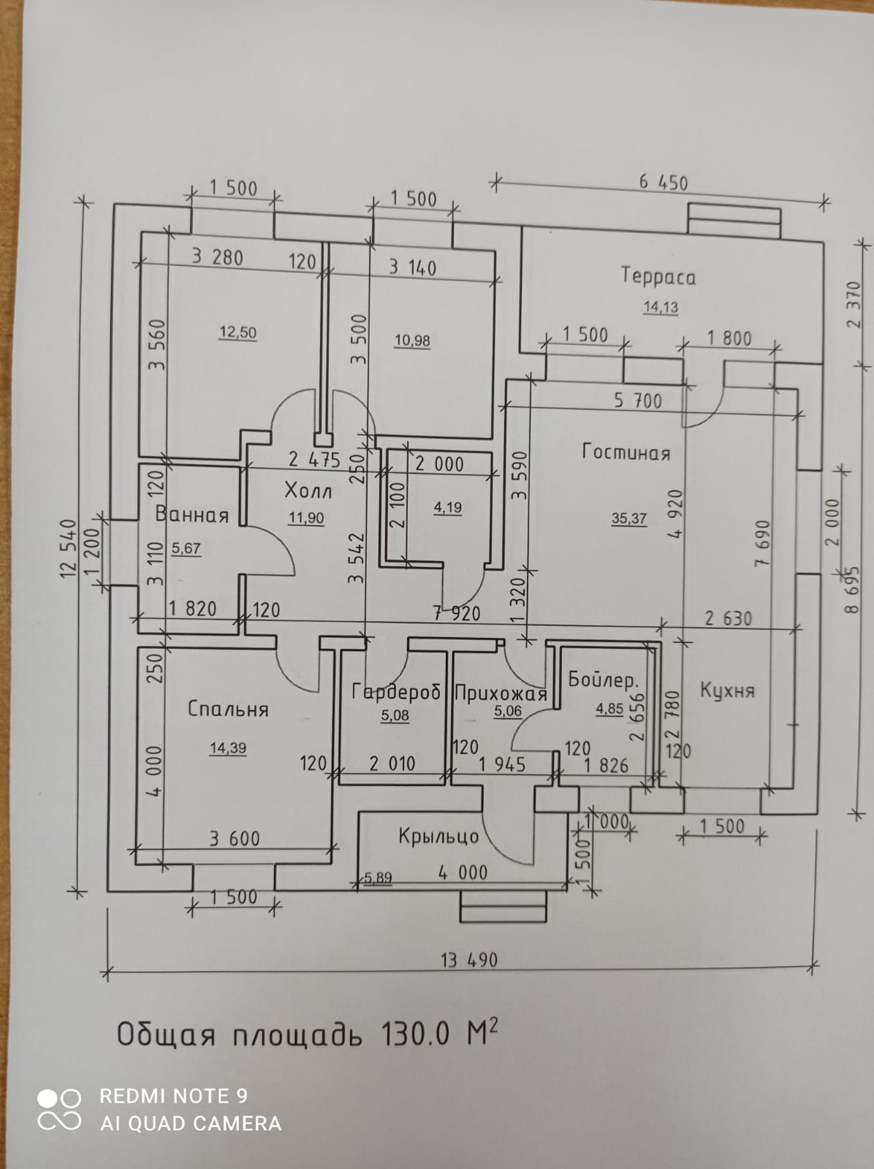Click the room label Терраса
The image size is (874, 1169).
point(658,276)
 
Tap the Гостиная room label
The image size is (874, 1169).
point(626,452)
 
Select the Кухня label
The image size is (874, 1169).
point(726,690)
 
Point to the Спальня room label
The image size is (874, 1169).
point(228,709)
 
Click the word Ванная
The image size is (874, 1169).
point(192,515)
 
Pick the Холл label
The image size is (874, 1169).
point(308,490)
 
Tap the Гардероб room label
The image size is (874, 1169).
point(396,692)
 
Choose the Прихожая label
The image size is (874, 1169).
point(501,693)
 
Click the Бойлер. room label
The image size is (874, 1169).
point(603,680)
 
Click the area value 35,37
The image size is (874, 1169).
point(629,519)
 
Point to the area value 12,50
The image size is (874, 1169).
point(238,332)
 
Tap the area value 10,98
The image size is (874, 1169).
point(412,340)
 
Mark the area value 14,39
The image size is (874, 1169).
point(228,748)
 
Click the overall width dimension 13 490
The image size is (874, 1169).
point(469,959)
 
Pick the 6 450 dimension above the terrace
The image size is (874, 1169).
point(664,182)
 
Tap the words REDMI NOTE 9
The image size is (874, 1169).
point(173,1096)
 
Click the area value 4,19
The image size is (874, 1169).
point(447,508)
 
